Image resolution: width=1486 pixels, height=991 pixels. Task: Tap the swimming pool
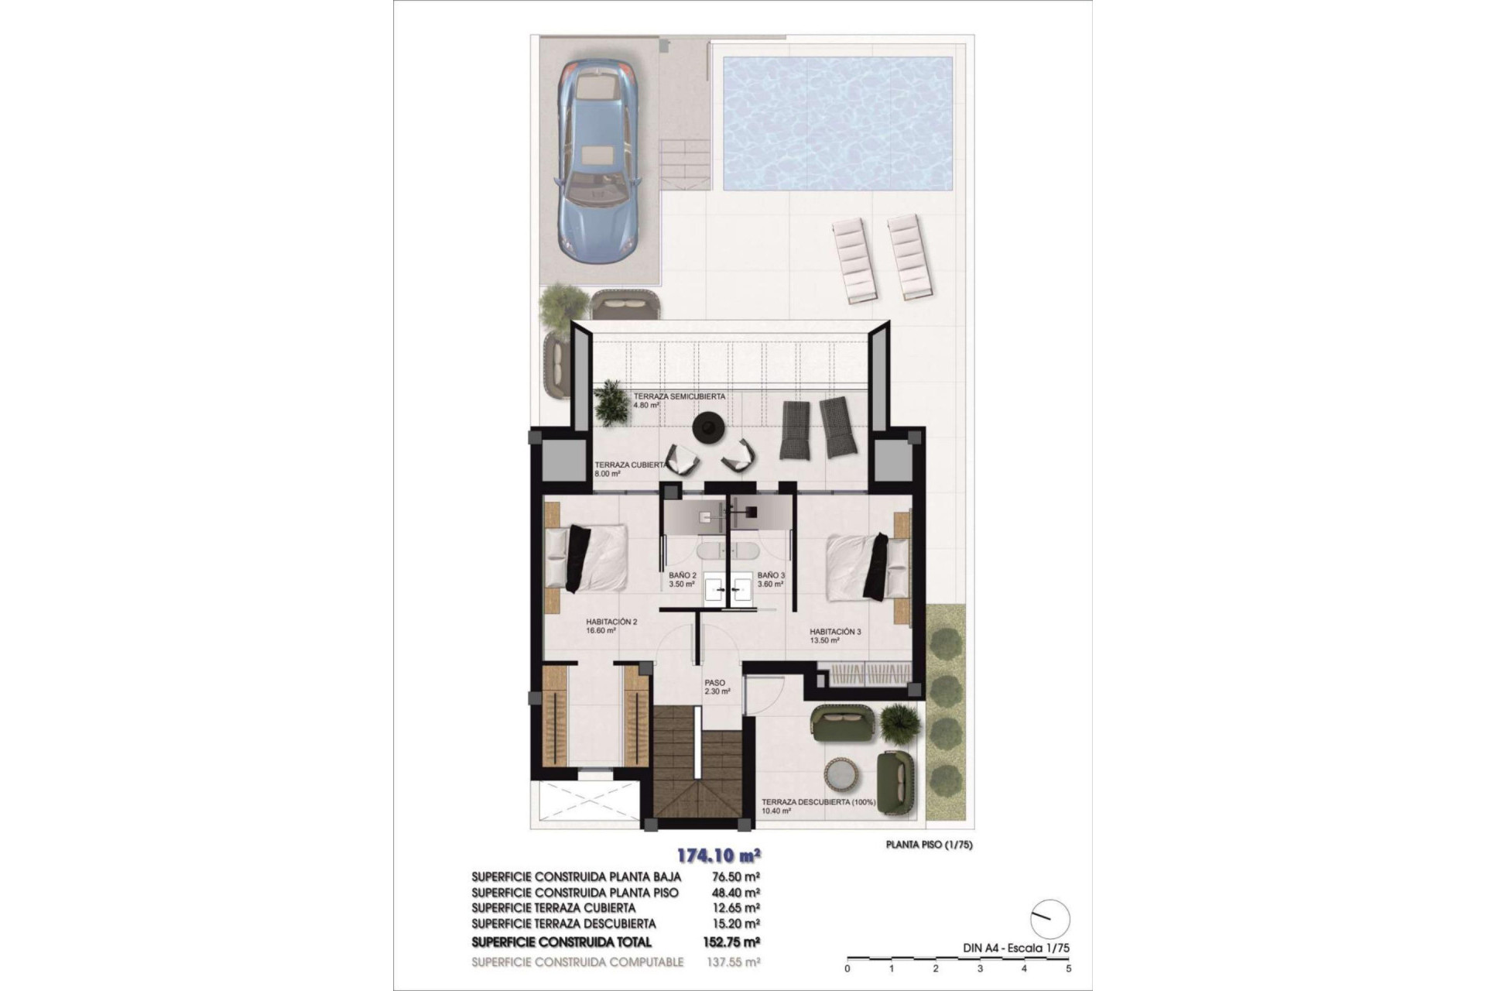[837, 123]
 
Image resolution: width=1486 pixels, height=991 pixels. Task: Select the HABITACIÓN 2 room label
[611, 626]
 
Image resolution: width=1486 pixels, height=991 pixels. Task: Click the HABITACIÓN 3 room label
[834, 636]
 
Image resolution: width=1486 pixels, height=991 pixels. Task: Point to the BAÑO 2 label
[683, 580]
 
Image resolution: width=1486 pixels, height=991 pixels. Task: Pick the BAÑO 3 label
[771, 580]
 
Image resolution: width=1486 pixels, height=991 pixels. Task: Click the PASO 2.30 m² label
[717, 688]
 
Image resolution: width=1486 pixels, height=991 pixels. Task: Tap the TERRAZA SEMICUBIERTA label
[679, 400]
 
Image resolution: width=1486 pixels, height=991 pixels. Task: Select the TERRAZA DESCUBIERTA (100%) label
[818, 806]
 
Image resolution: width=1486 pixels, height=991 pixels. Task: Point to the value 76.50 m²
[735, 877]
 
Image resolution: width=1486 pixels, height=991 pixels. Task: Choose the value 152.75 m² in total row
[735, 942]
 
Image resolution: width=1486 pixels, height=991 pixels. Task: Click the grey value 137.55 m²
[735, 962]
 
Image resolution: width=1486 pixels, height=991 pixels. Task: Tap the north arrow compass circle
[1050, 919]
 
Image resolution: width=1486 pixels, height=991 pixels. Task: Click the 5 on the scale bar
[1068, 969]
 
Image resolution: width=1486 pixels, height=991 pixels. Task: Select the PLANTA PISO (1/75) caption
[929, 845]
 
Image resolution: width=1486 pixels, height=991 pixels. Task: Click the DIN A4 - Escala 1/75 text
[1012, 948]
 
